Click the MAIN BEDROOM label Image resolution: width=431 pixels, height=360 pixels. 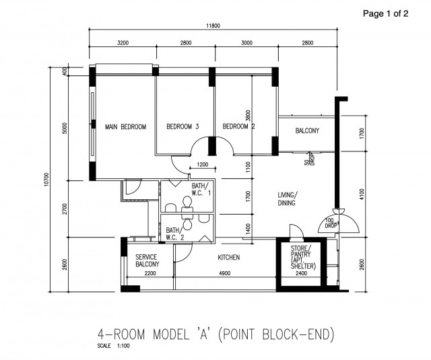click(x=125, y=127)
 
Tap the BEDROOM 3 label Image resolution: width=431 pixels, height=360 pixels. click(x=183, y=127)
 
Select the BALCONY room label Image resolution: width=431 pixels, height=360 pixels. click(x=307, y=131)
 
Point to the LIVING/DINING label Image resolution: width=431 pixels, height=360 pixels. click(x=287, y=199)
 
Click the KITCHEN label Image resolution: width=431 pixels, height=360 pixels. click(x=229, y=258)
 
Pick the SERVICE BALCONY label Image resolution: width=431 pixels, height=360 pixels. click(x=147, y=261)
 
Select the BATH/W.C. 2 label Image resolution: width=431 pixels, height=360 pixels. click(x=176, y=233)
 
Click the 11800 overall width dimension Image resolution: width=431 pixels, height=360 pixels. click(x=213, y=26)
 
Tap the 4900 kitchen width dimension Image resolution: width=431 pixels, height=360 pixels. click(x=225, y=273)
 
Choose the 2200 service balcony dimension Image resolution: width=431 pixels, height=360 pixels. click(x=150, y=273)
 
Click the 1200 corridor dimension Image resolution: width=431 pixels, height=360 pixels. click(x=202, y=164)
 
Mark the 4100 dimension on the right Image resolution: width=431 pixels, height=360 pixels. click(x=362, y=195)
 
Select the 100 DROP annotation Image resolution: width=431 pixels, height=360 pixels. click(x=331, y=223)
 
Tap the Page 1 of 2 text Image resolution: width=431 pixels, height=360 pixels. click(x=385, y=13)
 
